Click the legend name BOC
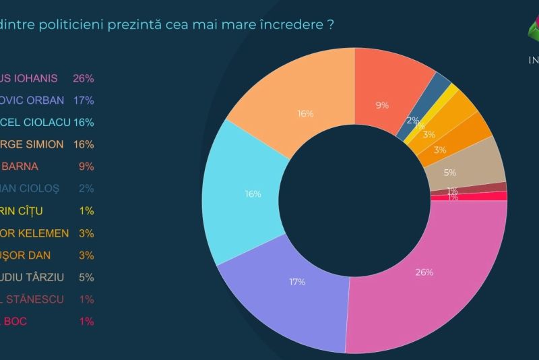coord(16,322)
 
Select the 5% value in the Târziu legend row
coord(86,277)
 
